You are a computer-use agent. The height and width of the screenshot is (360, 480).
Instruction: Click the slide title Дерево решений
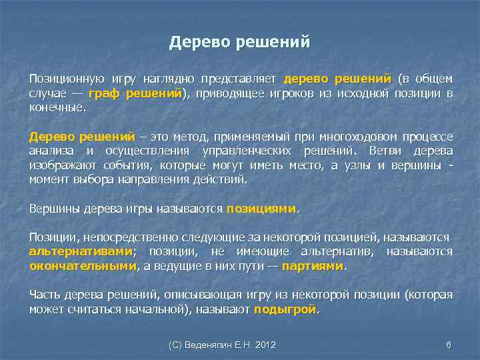click(239, 42)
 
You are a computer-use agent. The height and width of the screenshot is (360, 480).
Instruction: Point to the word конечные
click(57, 107)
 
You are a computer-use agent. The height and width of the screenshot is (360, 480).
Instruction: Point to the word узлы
click(354, 165)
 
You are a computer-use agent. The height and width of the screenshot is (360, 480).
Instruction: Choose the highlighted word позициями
click(261, 208)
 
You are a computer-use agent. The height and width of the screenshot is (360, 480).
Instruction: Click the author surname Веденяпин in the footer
click(215, 345)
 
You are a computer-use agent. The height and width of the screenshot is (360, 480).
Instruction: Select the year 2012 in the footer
click(265, 345)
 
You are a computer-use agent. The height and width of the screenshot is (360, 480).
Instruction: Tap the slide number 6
click(448, 345)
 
